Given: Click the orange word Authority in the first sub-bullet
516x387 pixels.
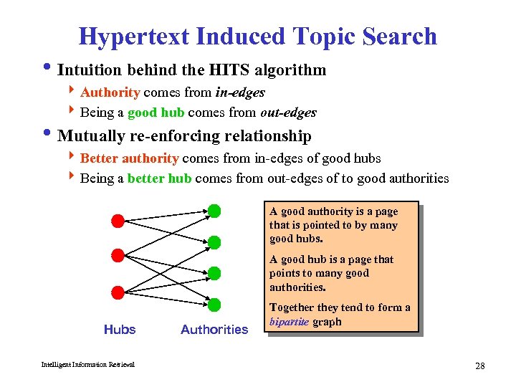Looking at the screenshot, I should [x=110, y=92].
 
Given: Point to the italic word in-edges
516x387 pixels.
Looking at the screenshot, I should [x=240, y=92].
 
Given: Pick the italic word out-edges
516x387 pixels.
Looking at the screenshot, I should [x=290, y=113].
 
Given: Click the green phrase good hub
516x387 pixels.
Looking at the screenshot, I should [x=156, y=113].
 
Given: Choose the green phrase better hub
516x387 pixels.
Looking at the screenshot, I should [x=159, y=178].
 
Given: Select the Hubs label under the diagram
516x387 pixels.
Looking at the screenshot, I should [x=120, y=330].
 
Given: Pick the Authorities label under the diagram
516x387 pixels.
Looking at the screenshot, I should [x=214, y=330].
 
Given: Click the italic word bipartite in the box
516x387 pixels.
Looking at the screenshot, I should [x=288, y=322].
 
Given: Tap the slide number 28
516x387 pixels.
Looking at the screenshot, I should [x=479, y=366].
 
